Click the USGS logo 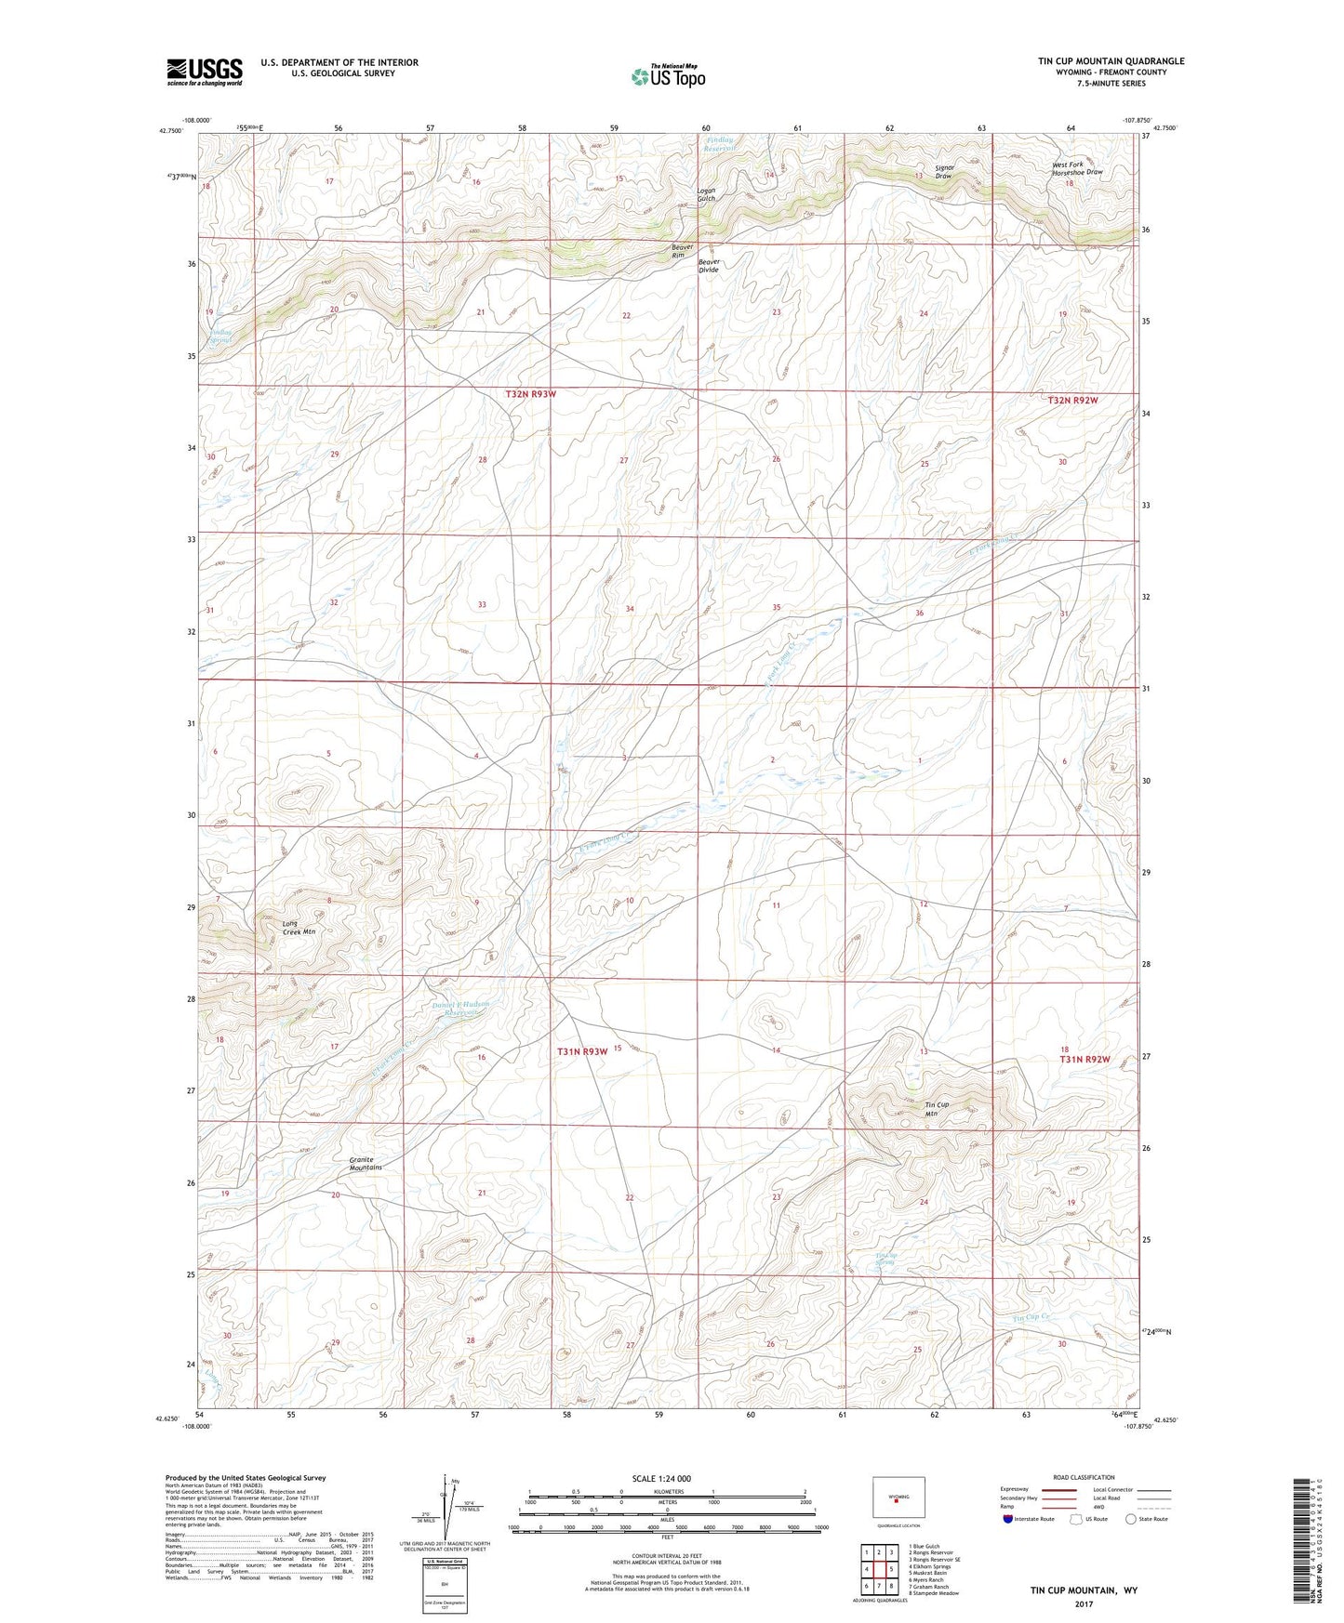[x=205, y=72]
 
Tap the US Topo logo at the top [x=667, y=76]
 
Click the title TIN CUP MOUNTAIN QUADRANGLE [x=1111, y=61]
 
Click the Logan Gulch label [x=707, y=194]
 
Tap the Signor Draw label [x=943, y=171]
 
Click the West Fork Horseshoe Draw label [x=1076, y=168]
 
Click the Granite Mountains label [x=365, y=1163]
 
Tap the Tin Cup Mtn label [x=937, y=1109]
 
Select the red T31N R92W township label [x=1085, y=1060]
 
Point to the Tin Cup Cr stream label [x=1031, y=1317]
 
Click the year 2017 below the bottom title [x=1083, y=1603]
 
